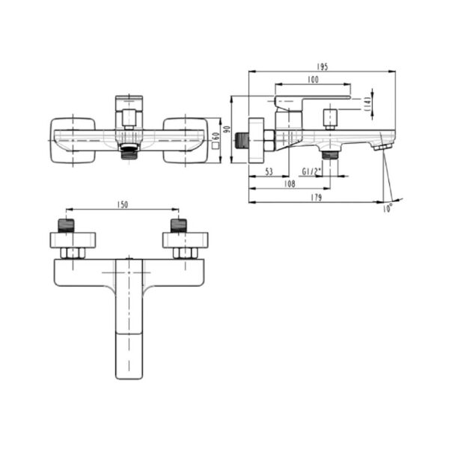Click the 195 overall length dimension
(322, 67)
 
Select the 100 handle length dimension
(313, 79)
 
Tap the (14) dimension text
(367, 104)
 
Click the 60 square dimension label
(216, 140)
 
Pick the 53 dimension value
(269, 172)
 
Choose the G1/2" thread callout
(312, 172)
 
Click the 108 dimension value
(290, 184)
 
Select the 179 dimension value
(316, 198)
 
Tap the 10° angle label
(387, 209)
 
